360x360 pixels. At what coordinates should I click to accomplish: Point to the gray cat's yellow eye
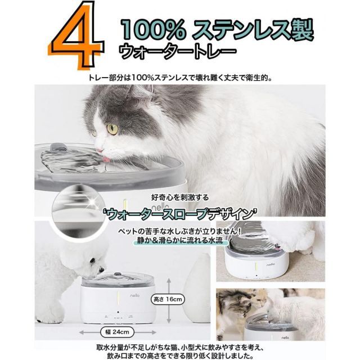point(113,128)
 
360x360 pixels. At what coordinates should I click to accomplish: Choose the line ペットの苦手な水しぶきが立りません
point(179,231)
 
